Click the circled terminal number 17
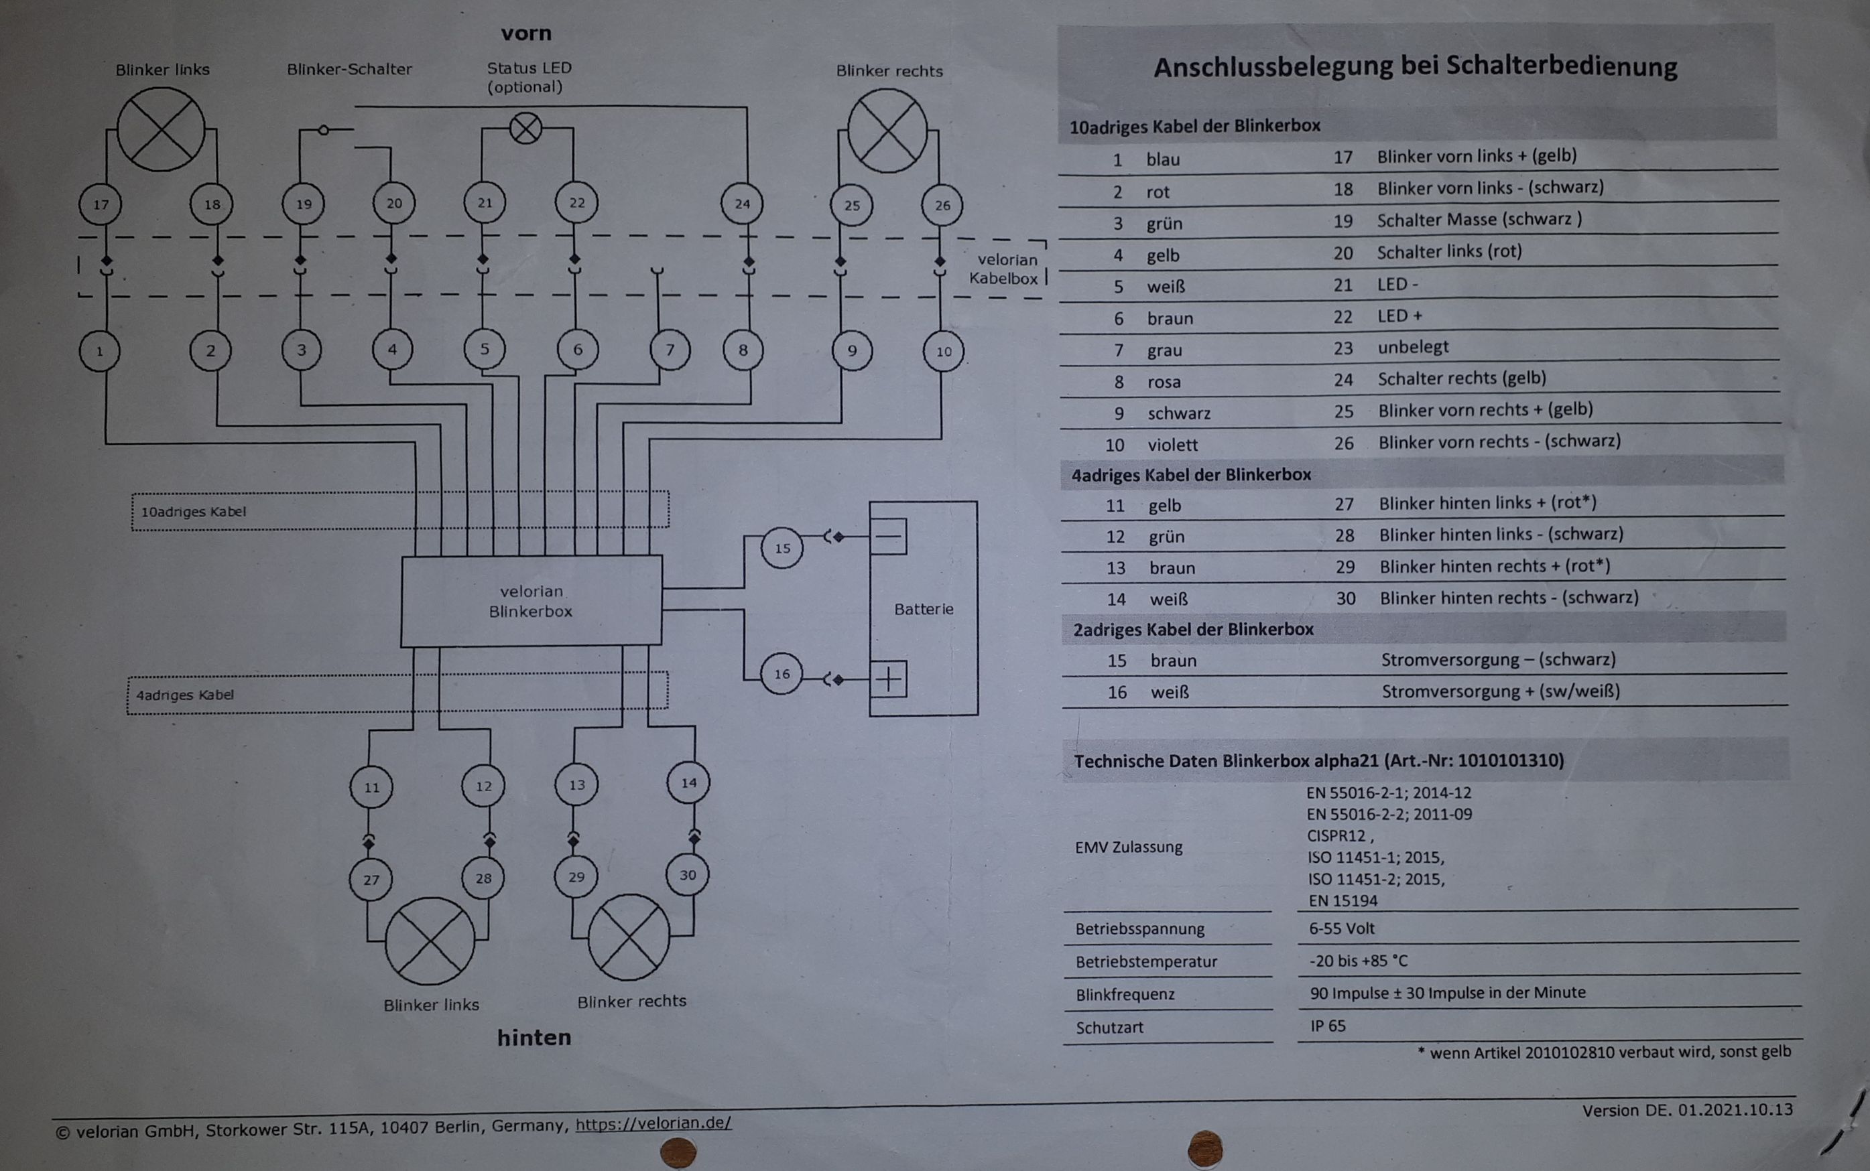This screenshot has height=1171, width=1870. [101, 205]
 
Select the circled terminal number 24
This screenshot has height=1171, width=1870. [742, 204]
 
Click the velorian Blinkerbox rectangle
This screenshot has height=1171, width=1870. [531, 601]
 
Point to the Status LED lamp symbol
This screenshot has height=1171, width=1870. [526, 129]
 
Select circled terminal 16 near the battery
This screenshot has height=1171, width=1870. [782, 674]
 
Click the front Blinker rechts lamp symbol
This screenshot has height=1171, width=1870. [887, 130]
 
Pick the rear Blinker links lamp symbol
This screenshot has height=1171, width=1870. [430, 941]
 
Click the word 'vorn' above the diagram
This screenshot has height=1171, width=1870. [526, 33]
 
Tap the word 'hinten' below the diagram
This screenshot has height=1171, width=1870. [534, 1037]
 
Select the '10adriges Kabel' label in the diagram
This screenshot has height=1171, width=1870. [193, 512]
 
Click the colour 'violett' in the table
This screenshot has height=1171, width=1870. [1172, 445]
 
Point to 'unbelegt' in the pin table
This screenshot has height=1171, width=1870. [1412, 347]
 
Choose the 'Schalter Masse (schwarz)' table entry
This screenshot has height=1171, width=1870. [1479, 220]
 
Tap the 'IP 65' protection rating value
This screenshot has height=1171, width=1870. [1328, 1026]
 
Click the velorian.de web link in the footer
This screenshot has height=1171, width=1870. [653, 1123]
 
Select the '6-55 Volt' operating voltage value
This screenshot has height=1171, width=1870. [1342, 928]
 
